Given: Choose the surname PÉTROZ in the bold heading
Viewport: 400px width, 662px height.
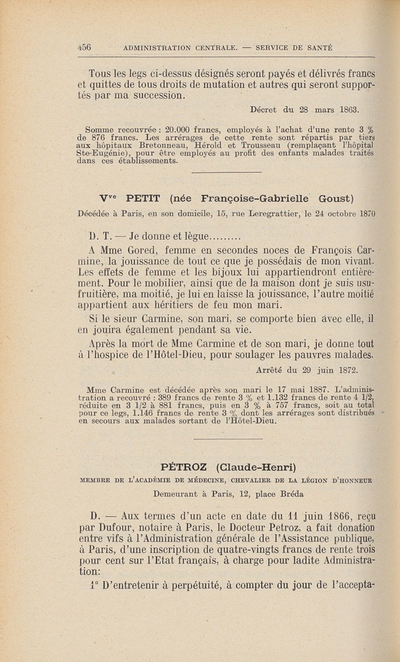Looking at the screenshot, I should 184,467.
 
